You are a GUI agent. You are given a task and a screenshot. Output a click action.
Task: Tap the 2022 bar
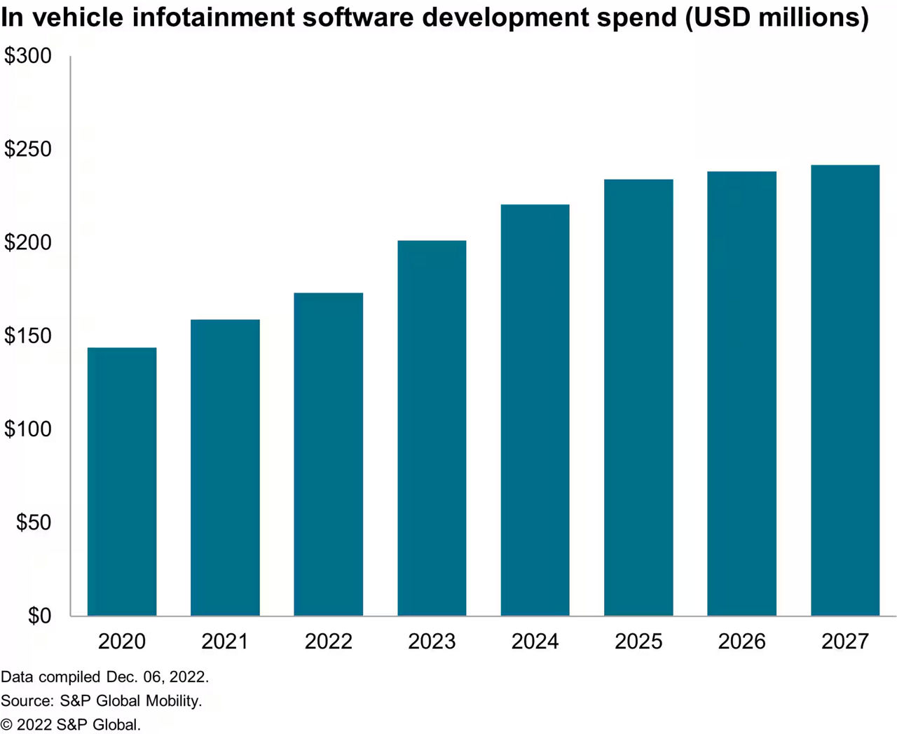click(x=329, y=455)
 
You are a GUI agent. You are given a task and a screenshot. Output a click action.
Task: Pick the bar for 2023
click(x=432, y=428)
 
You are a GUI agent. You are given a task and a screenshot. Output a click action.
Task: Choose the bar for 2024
click(x=535, y=410)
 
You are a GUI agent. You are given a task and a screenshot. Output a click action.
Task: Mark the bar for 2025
click(x=638, y=398)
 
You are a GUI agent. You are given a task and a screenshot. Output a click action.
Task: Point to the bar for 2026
click(x=742, y=394)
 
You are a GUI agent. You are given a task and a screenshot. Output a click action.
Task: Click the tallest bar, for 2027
click(x=845, y=391)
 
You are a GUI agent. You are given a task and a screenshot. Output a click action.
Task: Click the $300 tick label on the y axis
click(x=28, y=56)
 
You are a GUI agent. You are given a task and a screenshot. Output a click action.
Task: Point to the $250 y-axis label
click(x=28, y=149)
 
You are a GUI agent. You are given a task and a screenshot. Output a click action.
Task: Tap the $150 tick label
click(x=28, y=336)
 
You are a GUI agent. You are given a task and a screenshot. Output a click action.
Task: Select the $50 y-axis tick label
click(x=34, y=522)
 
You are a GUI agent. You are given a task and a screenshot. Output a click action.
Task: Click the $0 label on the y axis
click(x=39, y=616)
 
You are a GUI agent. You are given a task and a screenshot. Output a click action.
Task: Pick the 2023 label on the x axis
click(x=432, y=642)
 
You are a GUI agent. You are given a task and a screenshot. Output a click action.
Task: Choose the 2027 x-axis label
click(x=845, y=642)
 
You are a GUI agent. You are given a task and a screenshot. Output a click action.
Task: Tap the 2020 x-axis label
click(x=122, y=642)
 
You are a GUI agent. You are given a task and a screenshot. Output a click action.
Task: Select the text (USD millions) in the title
click(x=776, y=18)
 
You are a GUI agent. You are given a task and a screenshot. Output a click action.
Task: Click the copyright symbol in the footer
click(x=6, y=725)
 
